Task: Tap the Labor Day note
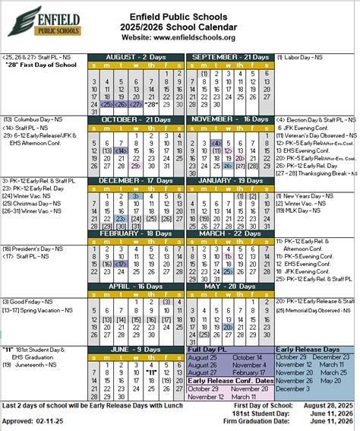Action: [x=299, y=57]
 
